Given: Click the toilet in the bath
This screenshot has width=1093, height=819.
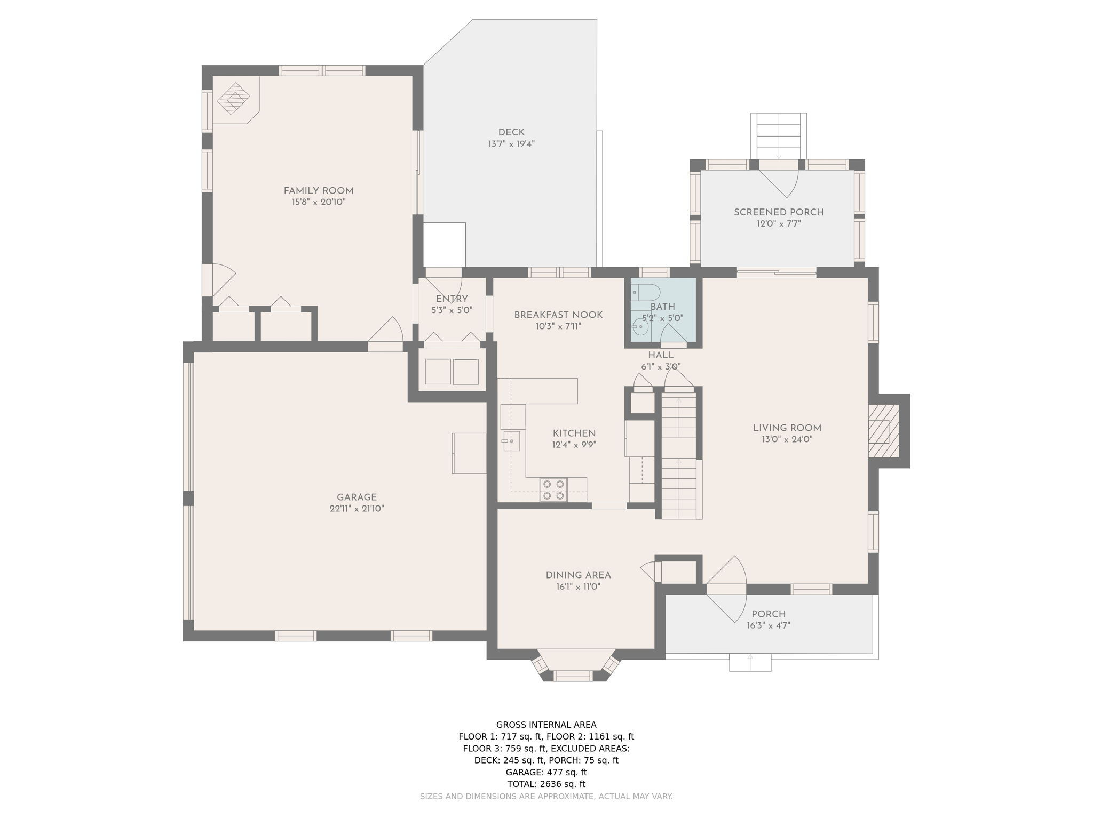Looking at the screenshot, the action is (x=646, y=293).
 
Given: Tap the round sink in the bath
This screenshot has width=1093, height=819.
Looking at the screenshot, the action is (x=640, y=327).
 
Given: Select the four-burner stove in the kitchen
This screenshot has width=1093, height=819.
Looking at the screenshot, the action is (x=553, y=490).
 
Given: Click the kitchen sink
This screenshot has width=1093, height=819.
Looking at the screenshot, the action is (x=511, y=441).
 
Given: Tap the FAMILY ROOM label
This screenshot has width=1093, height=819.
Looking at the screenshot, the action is (x=319, y=191).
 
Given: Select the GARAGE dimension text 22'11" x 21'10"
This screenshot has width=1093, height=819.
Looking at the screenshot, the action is (x=357, y=509).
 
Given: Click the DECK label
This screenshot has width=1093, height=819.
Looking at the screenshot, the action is (x=511, y=132).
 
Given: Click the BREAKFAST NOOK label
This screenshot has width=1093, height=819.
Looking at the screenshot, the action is (x=558, y=315).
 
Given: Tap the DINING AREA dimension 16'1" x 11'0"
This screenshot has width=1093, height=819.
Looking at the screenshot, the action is (x=578, y=587).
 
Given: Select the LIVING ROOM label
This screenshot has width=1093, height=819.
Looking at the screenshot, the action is (x=787, y=428).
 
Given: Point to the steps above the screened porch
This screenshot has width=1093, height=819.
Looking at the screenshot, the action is (x=779, y=136).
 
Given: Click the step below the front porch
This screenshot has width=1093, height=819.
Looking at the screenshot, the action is (x=750, y=662).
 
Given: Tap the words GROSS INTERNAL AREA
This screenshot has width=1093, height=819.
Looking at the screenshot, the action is (x=546, y=725).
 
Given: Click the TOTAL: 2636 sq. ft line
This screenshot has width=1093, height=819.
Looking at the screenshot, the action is (x=546, y=784).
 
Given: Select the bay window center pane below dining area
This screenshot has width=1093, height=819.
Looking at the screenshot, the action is (x=573, y=676).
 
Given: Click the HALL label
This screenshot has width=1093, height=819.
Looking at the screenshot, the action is (x=661, y=355).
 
